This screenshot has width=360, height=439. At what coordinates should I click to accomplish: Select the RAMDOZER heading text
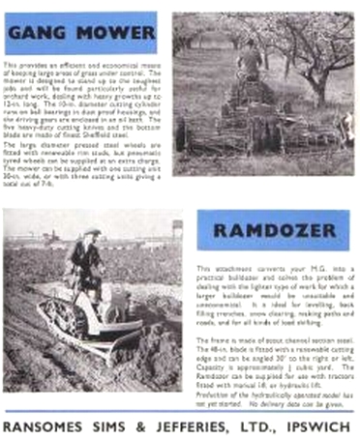(x=272, y=231)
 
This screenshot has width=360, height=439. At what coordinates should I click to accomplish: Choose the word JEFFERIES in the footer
(x=187, y=424)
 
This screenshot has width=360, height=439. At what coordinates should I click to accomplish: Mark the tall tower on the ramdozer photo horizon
(x=178, y=228)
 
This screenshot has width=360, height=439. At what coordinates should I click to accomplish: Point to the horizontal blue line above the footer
(x=180, y=410)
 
